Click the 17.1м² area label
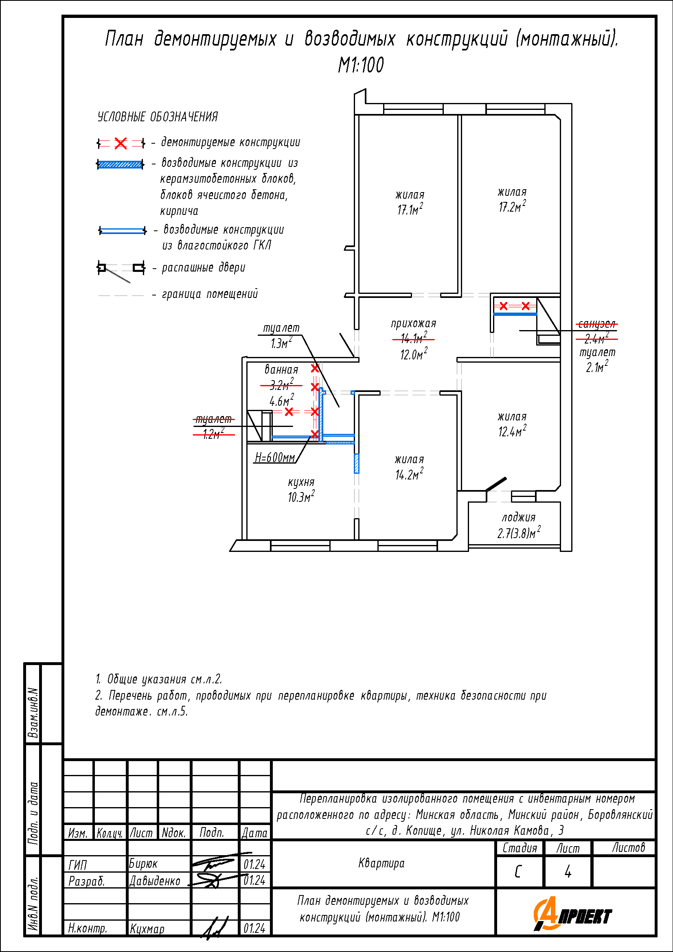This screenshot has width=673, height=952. coord(410,210)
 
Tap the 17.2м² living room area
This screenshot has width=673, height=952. coord(512,206)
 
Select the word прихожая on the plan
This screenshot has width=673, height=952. coord(413,324)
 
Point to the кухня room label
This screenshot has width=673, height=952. coord(301,482)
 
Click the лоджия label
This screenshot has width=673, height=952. coord(518,517)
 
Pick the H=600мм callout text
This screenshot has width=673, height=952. coord(274,457)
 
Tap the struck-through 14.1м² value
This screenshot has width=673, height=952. coord(413,339)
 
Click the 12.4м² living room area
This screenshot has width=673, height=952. coord(512,431)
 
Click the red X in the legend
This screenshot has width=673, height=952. coord(121,143)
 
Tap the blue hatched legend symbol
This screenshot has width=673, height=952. coord(120,164)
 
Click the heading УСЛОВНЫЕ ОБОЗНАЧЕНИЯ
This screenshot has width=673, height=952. coord(158,117)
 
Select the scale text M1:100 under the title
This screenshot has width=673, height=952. coord(361,65)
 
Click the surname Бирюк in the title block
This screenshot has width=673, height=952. coord(143,864)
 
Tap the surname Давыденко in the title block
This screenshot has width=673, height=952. coord(155,881)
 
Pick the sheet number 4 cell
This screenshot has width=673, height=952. coord(568,872)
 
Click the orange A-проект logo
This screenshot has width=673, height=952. coord(572,915)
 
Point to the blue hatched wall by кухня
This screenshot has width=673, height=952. coord(356,463)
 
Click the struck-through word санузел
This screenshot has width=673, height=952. coord(596,324)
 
